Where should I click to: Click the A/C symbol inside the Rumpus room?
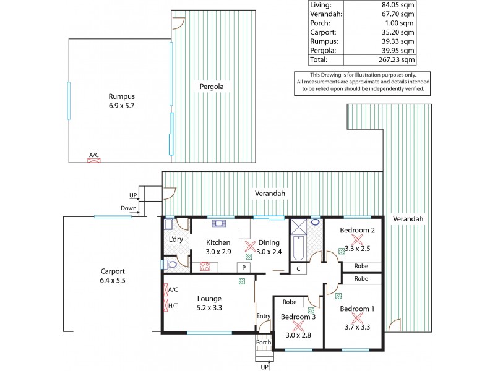tap(94, 160)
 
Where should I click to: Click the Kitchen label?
tap(218, 242)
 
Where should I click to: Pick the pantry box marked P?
tap(244, 267)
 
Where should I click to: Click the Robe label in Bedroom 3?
tap(288, 302)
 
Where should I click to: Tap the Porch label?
tap(264, 342)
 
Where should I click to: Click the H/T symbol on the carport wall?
tap(171, 305)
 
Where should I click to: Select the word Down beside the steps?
tap(129, 208)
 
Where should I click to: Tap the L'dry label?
tap(176, 240)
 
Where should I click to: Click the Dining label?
tap(269, 242)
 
